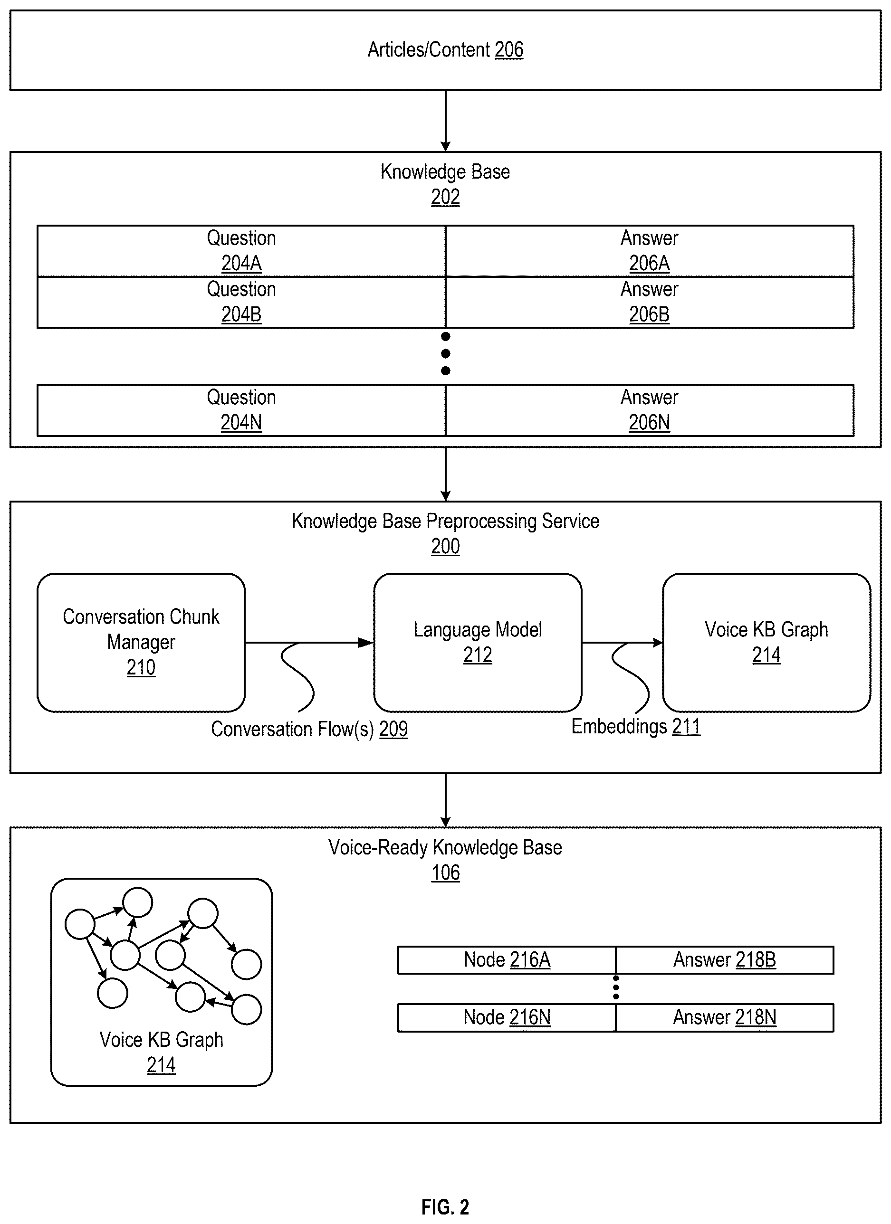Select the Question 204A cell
[241, 251]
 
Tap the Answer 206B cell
[650, 302]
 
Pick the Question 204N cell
[241, 410]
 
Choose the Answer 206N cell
[650, 410]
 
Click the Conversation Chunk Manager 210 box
[141, 643]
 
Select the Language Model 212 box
[478, 643]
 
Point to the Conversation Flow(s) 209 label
[309, 729]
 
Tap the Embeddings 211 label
[636, 726]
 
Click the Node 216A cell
[507, 959]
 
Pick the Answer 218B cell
[725, 959]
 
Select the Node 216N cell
[507, 1017]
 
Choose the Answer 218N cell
[725, 1017]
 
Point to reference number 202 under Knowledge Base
[446, 198]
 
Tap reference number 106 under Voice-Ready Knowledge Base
[446, 873]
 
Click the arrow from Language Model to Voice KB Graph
[622, 643]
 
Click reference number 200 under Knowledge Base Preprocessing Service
[446, 546]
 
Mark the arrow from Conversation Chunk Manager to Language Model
[309, 643]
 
